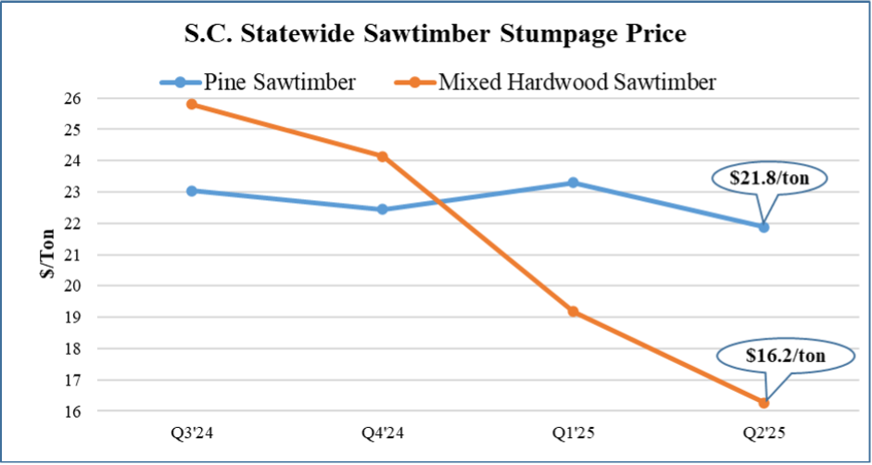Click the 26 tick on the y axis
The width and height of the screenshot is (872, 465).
[73, 98]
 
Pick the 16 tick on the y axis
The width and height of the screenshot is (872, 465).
[73, 411]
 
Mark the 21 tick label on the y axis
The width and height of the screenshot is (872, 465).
[73, 255]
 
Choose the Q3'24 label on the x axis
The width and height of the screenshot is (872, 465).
[191, 432]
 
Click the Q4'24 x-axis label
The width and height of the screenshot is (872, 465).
[382, 432]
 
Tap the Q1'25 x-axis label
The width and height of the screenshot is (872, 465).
[573, 432]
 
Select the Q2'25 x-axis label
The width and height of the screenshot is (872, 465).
[764, 432]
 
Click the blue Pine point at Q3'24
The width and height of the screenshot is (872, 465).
[191, 191]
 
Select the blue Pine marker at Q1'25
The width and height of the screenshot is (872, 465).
[573, 182]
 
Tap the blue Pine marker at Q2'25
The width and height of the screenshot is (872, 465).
[764, 227]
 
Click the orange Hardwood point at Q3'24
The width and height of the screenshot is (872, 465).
[191, 104]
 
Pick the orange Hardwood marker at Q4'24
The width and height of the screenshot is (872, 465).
[382, 157]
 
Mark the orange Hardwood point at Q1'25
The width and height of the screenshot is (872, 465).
[573, 311]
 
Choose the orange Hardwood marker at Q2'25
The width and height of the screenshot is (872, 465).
[764, 403]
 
